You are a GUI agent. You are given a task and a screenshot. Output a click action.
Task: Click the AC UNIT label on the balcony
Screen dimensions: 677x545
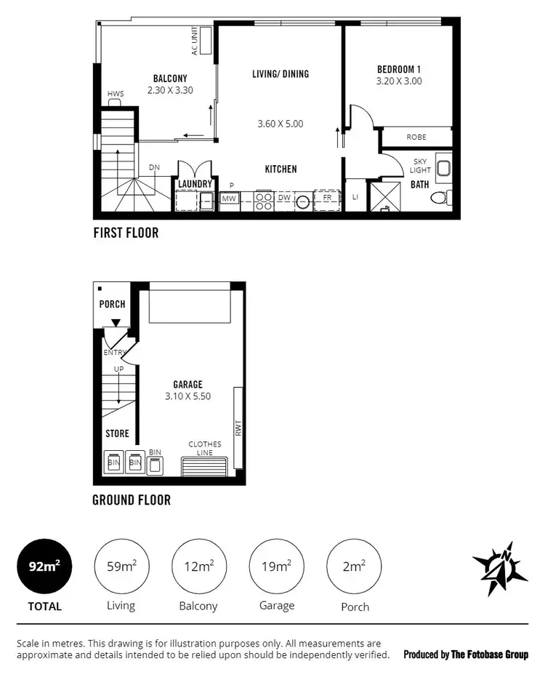point(195,42)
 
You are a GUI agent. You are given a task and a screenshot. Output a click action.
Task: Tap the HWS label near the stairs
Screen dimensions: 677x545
point(115,95)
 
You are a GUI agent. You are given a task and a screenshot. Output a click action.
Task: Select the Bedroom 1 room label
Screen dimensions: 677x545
point(399,70)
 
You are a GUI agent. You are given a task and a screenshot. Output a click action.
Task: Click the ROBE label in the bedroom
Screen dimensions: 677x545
point(416,136)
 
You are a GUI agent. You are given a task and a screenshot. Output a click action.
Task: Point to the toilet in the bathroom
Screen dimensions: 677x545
point(440,197)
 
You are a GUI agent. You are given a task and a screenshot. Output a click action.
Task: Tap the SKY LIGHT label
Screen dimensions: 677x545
point(421,165)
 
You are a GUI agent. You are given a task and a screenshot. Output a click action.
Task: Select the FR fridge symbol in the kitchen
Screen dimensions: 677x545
point(327,198)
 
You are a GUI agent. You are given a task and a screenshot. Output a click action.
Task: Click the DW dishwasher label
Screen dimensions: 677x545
point(284,198)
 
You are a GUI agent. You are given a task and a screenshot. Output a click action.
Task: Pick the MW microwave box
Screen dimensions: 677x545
point(229,199)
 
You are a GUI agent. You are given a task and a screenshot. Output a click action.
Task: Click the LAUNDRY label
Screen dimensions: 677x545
point(195,184)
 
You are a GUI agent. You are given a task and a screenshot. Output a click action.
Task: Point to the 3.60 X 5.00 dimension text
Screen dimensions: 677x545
point(280,124)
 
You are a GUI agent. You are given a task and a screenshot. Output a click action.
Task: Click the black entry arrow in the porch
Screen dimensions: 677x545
point(116,321)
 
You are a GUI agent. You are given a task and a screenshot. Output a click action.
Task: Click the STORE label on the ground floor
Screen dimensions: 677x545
point(117,433)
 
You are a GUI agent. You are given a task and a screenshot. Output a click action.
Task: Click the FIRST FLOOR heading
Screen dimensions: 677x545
point(126,233)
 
